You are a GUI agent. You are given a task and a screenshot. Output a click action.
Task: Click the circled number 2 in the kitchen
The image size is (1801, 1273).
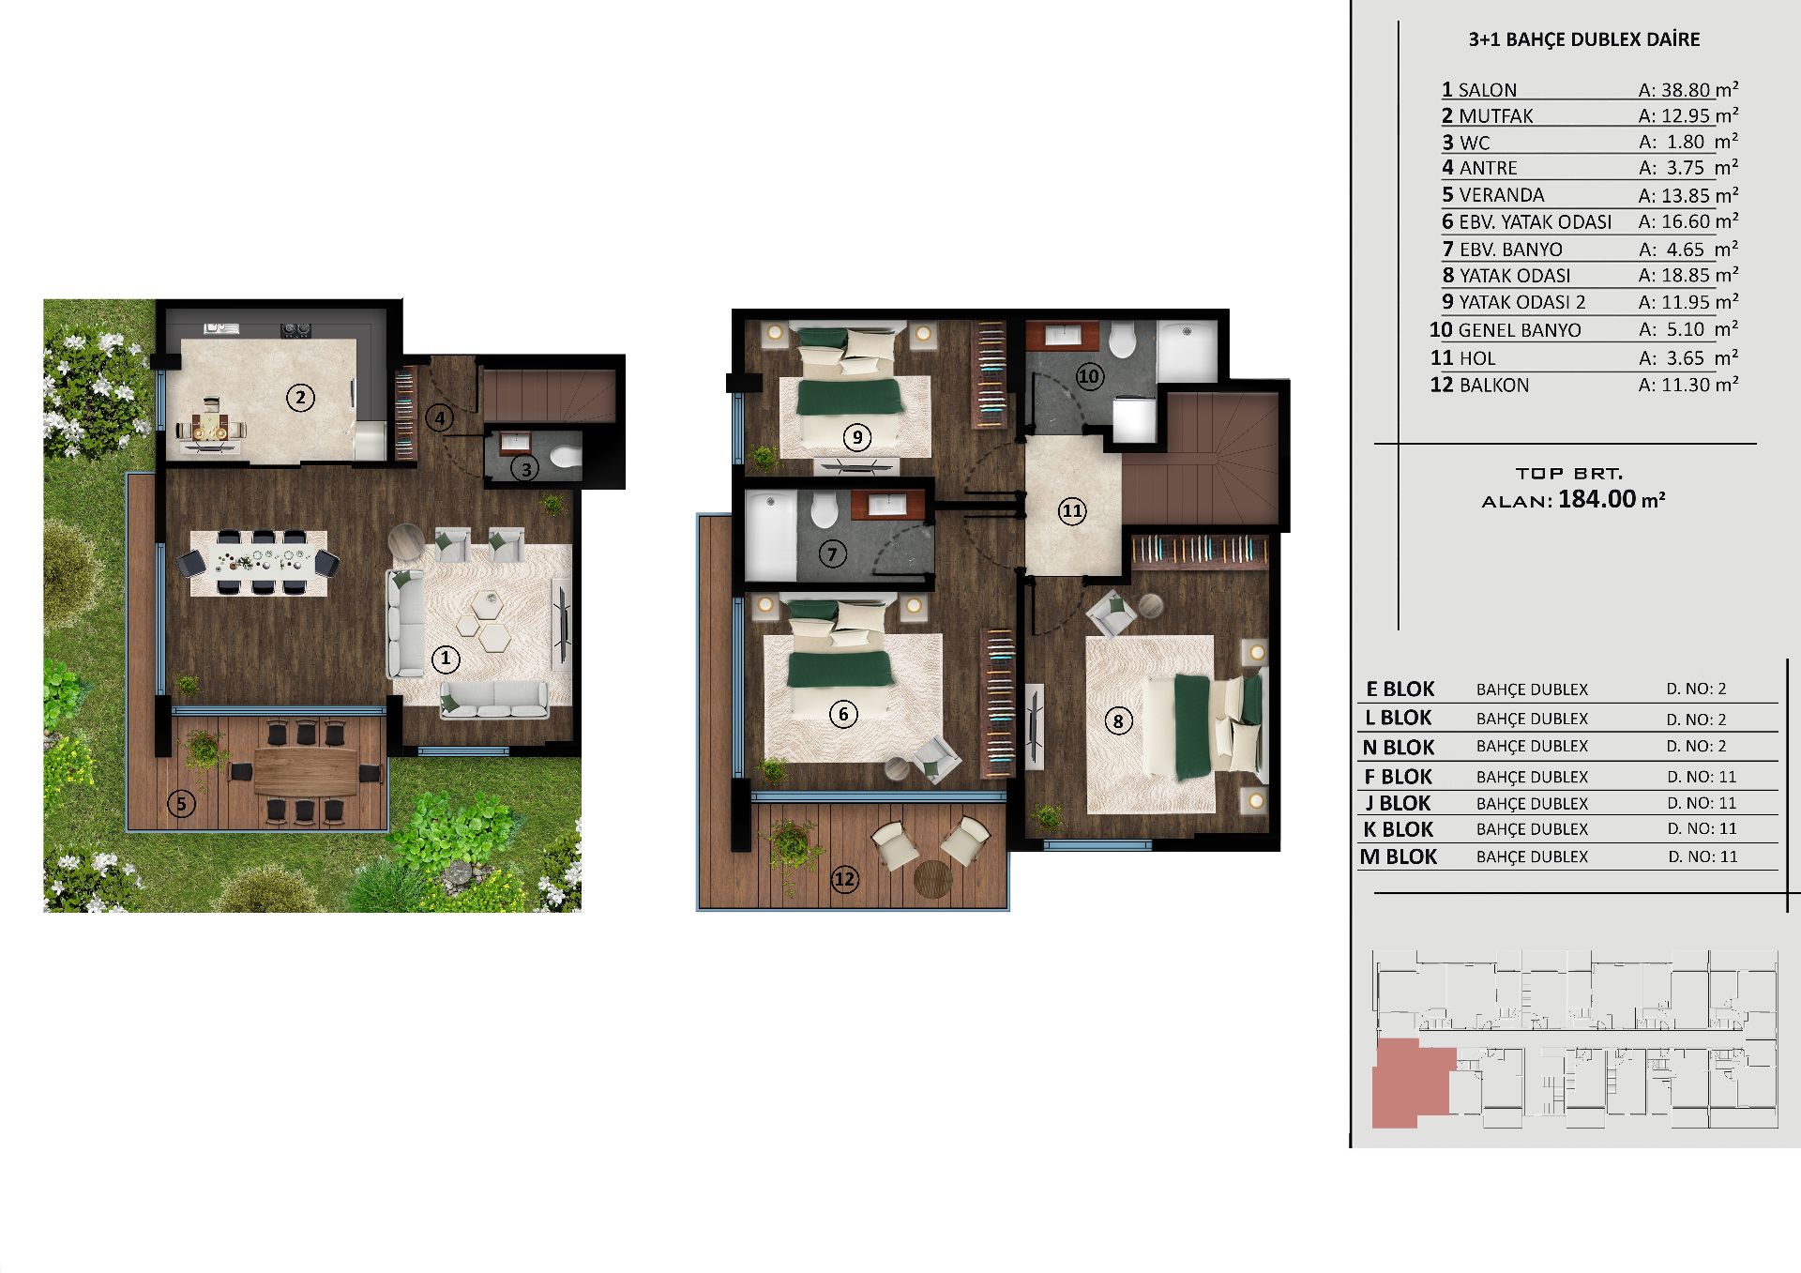[x=300, y=398]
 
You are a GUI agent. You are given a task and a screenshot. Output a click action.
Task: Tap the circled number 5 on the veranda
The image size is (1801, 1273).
[x=181, y=803]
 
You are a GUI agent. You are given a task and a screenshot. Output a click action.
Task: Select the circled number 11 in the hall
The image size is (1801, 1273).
[x=1072, y=511]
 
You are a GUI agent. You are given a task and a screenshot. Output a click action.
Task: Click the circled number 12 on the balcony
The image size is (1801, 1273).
[x=844, y=879]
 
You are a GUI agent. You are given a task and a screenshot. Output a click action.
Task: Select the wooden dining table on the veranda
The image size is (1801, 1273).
[x=306, y=770]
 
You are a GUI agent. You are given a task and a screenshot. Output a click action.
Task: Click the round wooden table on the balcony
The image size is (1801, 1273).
[x=932, y=878]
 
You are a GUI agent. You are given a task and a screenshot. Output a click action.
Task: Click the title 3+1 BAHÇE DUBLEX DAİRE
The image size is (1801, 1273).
[x=1583, y=39]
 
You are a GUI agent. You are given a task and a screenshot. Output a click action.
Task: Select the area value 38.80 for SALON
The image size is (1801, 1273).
[x=1686, y=90]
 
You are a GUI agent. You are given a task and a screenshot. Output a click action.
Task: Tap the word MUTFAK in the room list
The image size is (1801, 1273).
[x=1495, y=116]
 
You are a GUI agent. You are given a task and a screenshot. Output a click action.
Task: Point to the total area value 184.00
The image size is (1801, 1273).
[x=1597, y=499]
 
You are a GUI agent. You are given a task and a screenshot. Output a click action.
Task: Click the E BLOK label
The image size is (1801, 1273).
[x=1400, y=690]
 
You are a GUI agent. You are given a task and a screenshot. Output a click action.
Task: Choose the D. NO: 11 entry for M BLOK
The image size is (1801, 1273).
[x=1703, y=856]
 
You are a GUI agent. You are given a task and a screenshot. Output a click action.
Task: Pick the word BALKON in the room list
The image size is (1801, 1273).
[x=1493, y=386]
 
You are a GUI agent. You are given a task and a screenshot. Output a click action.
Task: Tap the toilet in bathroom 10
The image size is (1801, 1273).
[x=1122, y=341]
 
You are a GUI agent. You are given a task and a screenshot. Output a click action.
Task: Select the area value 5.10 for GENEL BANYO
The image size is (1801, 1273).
[x=1686, y=330]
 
